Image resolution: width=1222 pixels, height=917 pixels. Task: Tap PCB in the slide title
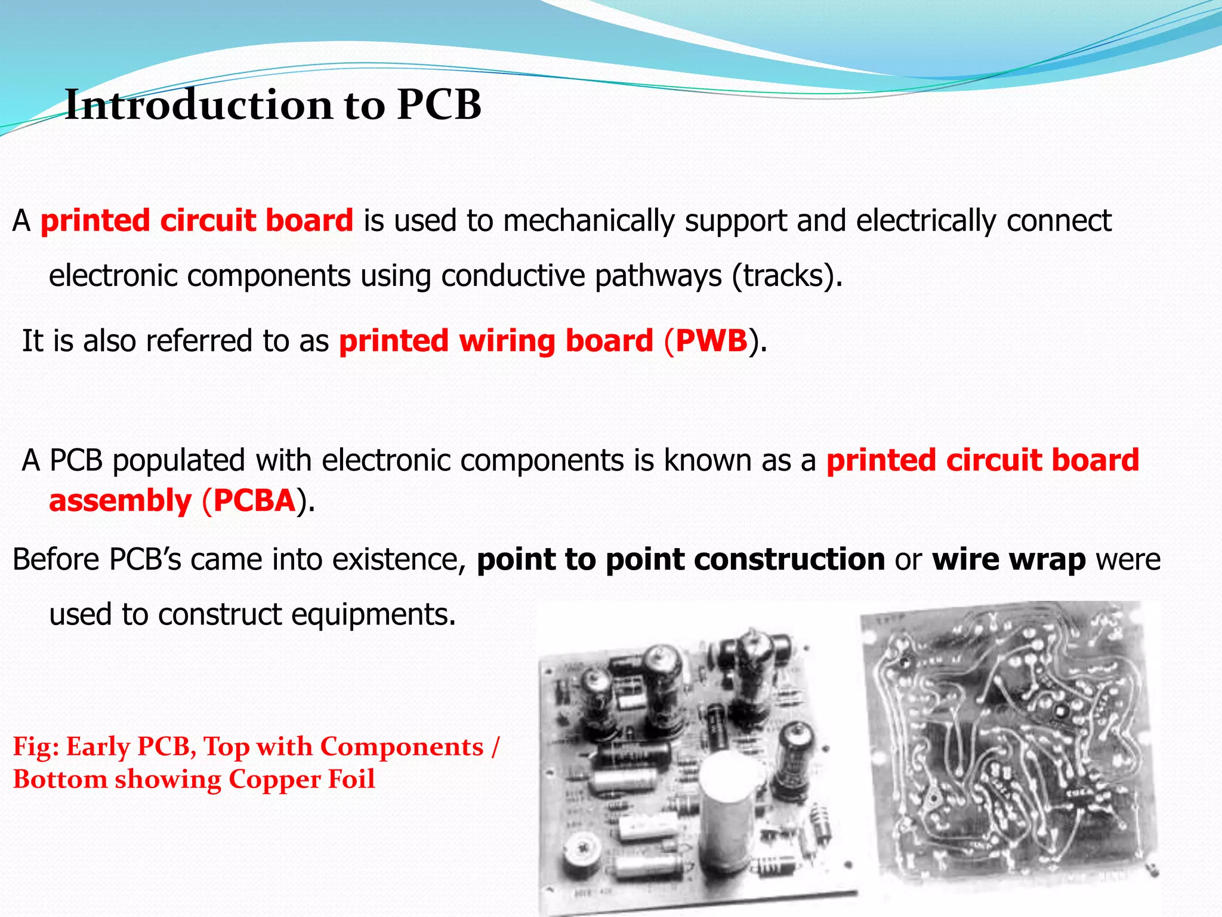[439, 105]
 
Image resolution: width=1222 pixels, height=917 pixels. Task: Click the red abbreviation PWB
[711, 341]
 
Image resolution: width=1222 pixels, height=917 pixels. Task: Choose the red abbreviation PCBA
[255, 500]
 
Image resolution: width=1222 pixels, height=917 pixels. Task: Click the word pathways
[658, 276]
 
